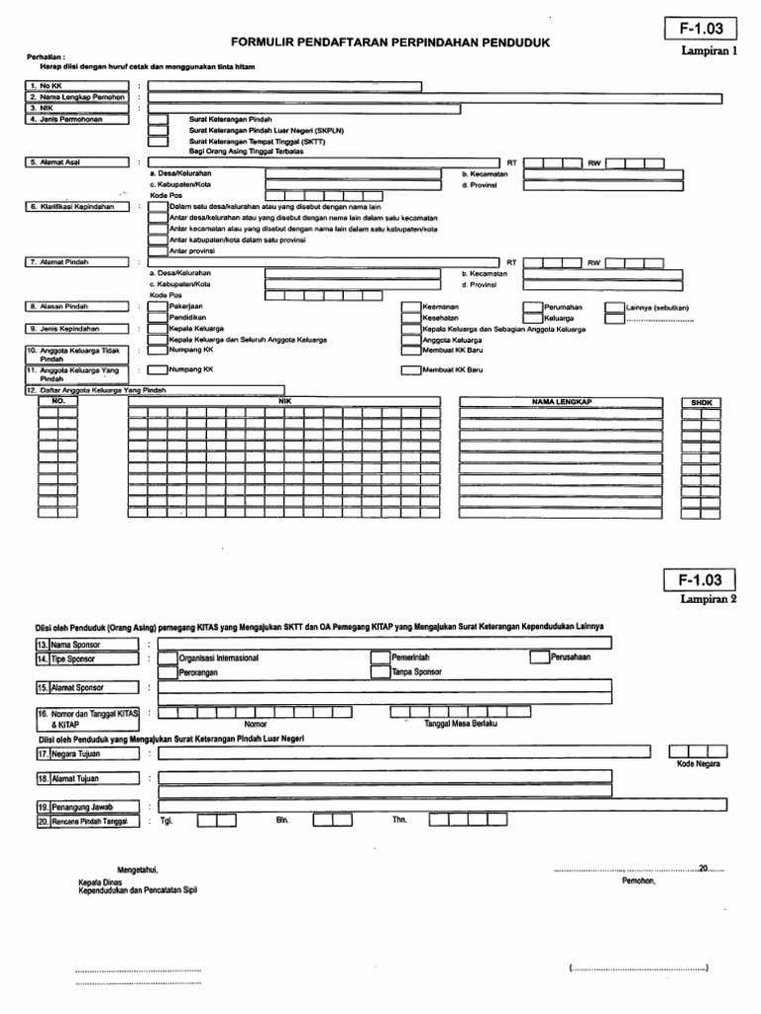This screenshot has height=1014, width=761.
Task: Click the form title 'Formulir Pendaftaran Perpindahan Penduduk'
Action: point(389,44)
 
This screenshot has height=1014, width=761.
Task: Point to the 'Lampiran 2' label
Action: point(709,599)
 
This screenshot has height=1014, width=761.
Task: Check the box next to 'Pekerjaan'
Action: point(158,308)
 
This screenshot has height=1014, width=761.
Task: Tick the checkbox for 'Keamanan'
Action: point(410,308)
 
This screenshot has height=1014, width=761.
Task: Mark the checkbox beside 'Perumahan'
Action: point(532,308)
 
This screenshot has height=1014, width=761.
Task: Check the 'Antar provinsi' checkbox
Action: point(158,251)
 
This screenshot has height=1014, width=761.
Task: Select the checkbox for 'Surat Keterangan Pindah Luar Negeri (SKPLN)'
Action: point(158,130)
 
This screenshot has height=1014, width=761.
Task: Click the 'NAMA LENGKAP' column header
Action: point(561,402)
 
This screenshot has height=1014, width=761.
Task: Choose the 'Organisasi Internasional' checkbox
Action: point(167,657)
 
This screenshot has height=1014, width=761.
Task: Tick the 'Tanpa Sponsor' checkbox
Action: point(380,671)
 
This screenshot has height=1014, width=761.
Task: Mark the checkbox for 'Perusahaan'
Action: point(539,657)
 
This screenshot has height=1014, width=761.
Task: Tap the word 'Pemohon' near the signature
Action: point(638,879)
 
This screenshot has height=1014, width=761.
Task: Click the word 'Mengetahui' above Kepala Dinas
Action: point(138,868)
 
